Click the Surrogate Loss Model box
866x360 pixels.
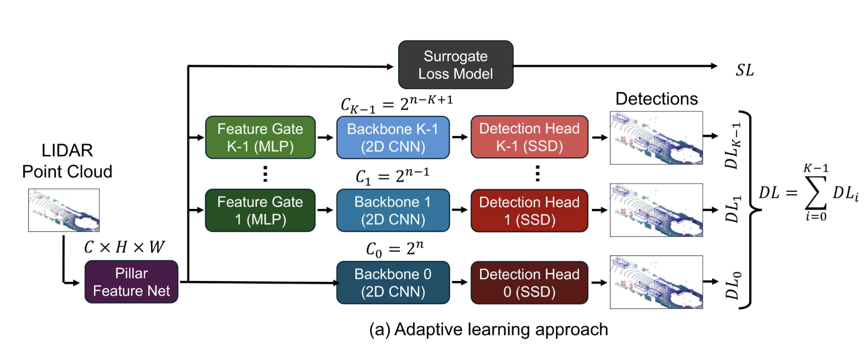click(455, 65)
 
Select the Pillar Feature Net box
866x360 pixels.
click(131, 282)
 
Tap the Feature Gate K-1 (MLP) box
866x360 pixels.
click(260, 137)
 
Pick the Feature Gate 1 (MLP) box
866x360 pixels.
click(260, 210)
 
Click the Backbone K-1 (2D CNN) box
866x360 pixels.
click(393, 138)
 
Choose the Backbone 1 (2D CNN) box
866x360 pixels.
click(393, 210)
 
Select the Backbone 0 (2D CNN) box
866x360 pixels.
click(393, 282)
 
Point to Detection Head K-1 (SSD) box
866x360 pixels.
click(529, 137)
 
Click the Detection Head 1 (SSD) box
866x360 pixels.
click(529, 211)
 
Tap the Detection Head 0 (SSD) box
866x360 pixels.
click(529, 282)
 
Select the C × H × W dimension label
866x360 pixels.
click(124, 247)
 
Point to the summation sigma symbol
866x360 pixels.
click(815, 193)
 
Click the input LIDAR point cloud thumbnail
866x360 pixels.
click(64, 210)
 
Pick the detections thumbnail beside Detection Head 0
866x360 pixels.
click(656, 282)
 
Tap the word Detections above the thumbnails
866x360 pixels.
click(656, 99)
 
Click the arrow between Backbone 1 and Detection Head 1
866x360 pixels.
click(460, 210)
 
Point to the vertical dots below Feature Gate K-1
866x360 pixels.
click(265, 174)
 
